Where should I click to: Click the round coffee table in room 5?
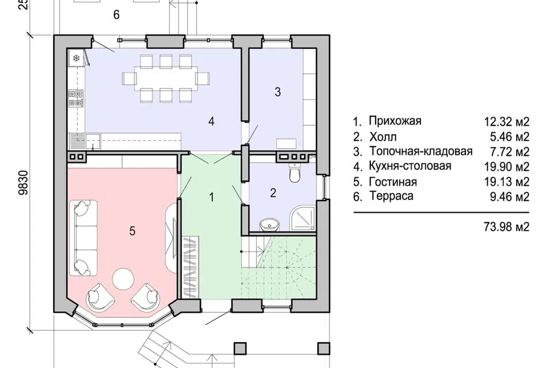click(x=123, y=279)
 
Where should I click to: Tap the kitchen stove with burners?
click(x=75, y=97)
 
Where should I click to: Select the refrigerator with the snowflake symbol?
click(x=75, y=59)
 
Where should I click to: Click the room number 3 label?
click(x=277, y=92)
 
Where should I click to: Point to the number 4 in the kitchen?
click(x=211, y=121)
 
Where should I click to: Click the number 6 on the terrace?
click(x=116, y=15)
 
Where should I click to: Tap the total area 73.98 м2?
click(x=507, y=227)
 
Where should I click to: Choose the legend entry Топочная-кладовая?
click(x=421, y=152)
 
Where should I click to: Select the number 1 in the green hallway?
click(x=211, y=197)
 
